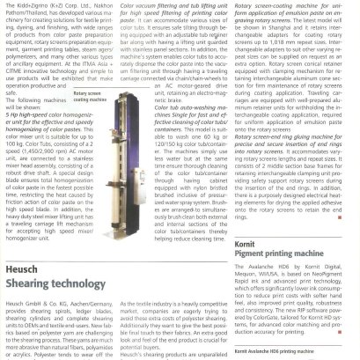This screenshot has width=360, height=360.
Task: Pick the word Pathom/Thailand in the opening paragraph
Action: pyautogui.click(x=22, y=14)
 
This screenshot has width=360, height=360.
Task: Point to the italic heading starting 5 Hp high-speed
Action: pyautogui.click(x=52, y=127)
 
